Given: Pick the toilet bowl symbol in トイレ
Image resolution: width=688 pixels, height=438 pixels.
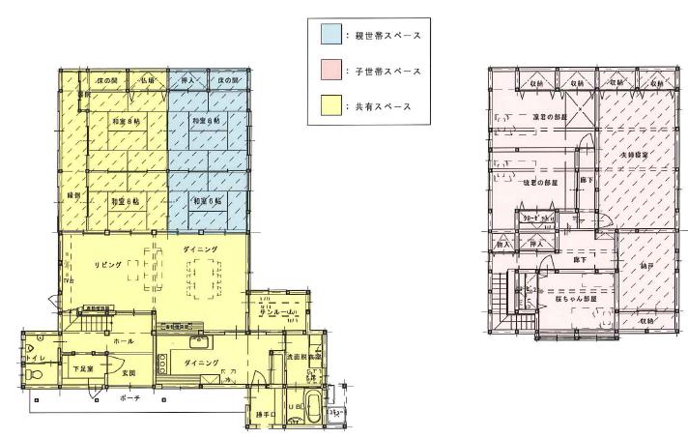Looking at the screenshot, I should click(x=35, y=342).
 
